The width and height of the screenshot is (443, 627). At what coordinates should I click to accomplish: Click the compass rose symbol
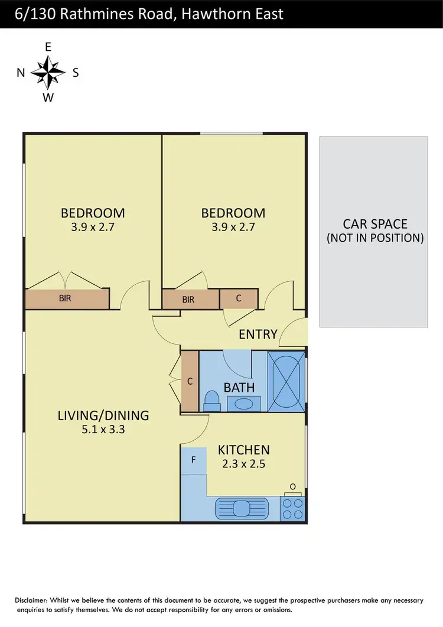(x=48, y=73)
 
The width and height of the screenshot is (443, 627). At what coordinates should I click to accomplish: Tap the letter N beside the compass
(x=21, y=73)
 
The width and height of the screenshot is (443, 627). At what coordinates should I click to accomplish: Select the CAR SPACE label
(x=376, y=224)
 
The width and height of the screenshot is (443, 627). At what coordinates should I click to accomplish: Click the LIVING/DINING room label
(x=103, y=415)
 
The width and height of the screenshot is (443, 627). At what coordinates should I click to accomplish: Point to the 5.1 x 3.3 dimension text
(x=103, y=430)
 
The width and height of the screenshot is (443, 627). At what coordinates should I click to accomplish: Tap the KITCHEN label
(x=244, y=450)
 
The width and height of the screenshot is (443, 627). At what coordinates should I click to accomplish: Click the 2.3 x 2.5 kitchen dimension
(x=244, y=464)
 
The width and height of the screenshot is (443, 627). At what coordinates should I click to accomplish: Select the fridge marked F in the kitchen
(x=193, y=459)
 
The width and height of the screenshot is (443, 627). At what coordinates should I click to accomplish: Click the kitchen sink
(x=242, y=508)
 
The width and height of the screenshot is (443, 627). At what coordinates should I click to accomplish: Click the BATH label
(x=239, y=388)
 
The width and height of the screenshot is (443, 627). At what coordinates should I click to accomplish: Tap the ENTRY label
(x=258, y=334)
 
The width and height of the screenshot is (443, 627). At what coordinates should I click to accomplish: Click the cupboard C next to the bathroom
(x=190, y=382)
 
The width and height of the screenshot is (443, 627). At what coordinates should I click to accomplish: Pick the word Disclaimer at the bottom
(x=37, y=600)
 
